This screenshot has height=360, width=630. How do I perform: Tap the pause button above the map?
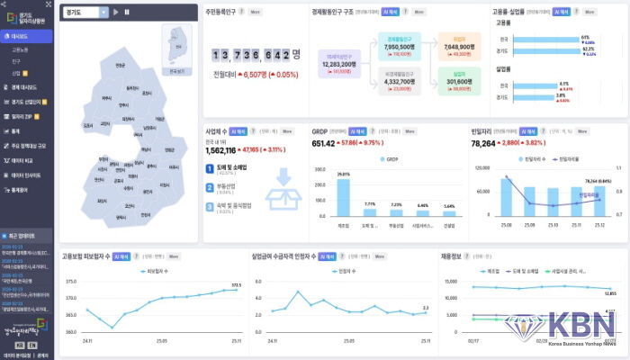126,12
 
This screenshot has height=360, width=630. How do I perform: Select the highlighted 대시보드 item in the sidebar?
22,37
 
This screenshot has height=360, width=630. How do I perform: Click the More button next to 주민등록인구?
256,13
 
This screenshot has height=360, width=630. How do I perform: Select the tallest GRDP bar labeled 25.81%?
343,196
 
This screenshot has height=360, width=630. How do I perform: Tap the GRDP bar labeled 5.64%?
449,211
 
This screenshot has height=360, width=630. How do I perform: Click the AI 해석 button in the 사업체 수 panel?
238,130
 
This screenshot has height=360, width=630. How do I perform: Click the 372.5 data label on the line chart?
237,284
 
